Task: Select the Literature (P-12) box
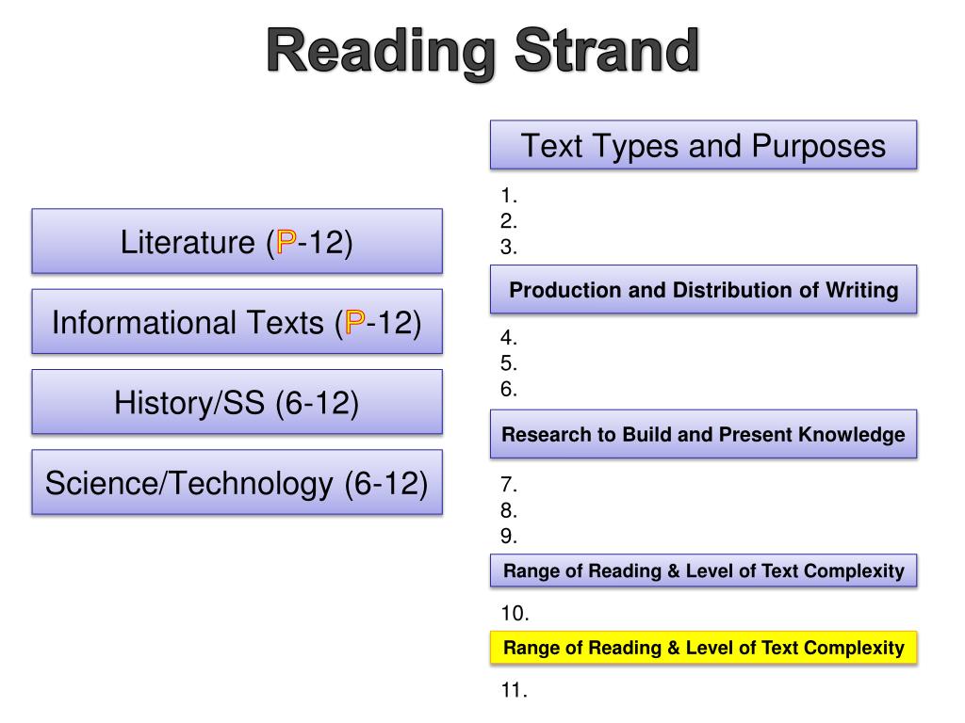237,242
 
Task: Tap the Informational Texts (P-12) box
237,322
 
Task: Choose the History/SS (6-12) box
237,402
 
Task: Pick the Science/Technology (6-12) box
237,483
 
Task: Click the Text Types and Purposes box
703,145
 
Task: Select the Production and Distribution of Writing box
703,290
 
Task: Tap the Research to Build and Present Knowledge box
703,434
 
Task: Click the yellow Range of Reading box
703,648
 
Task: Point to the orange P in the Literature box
285,243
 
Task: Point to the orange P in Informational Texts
355,323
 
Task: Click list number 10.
515,614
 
